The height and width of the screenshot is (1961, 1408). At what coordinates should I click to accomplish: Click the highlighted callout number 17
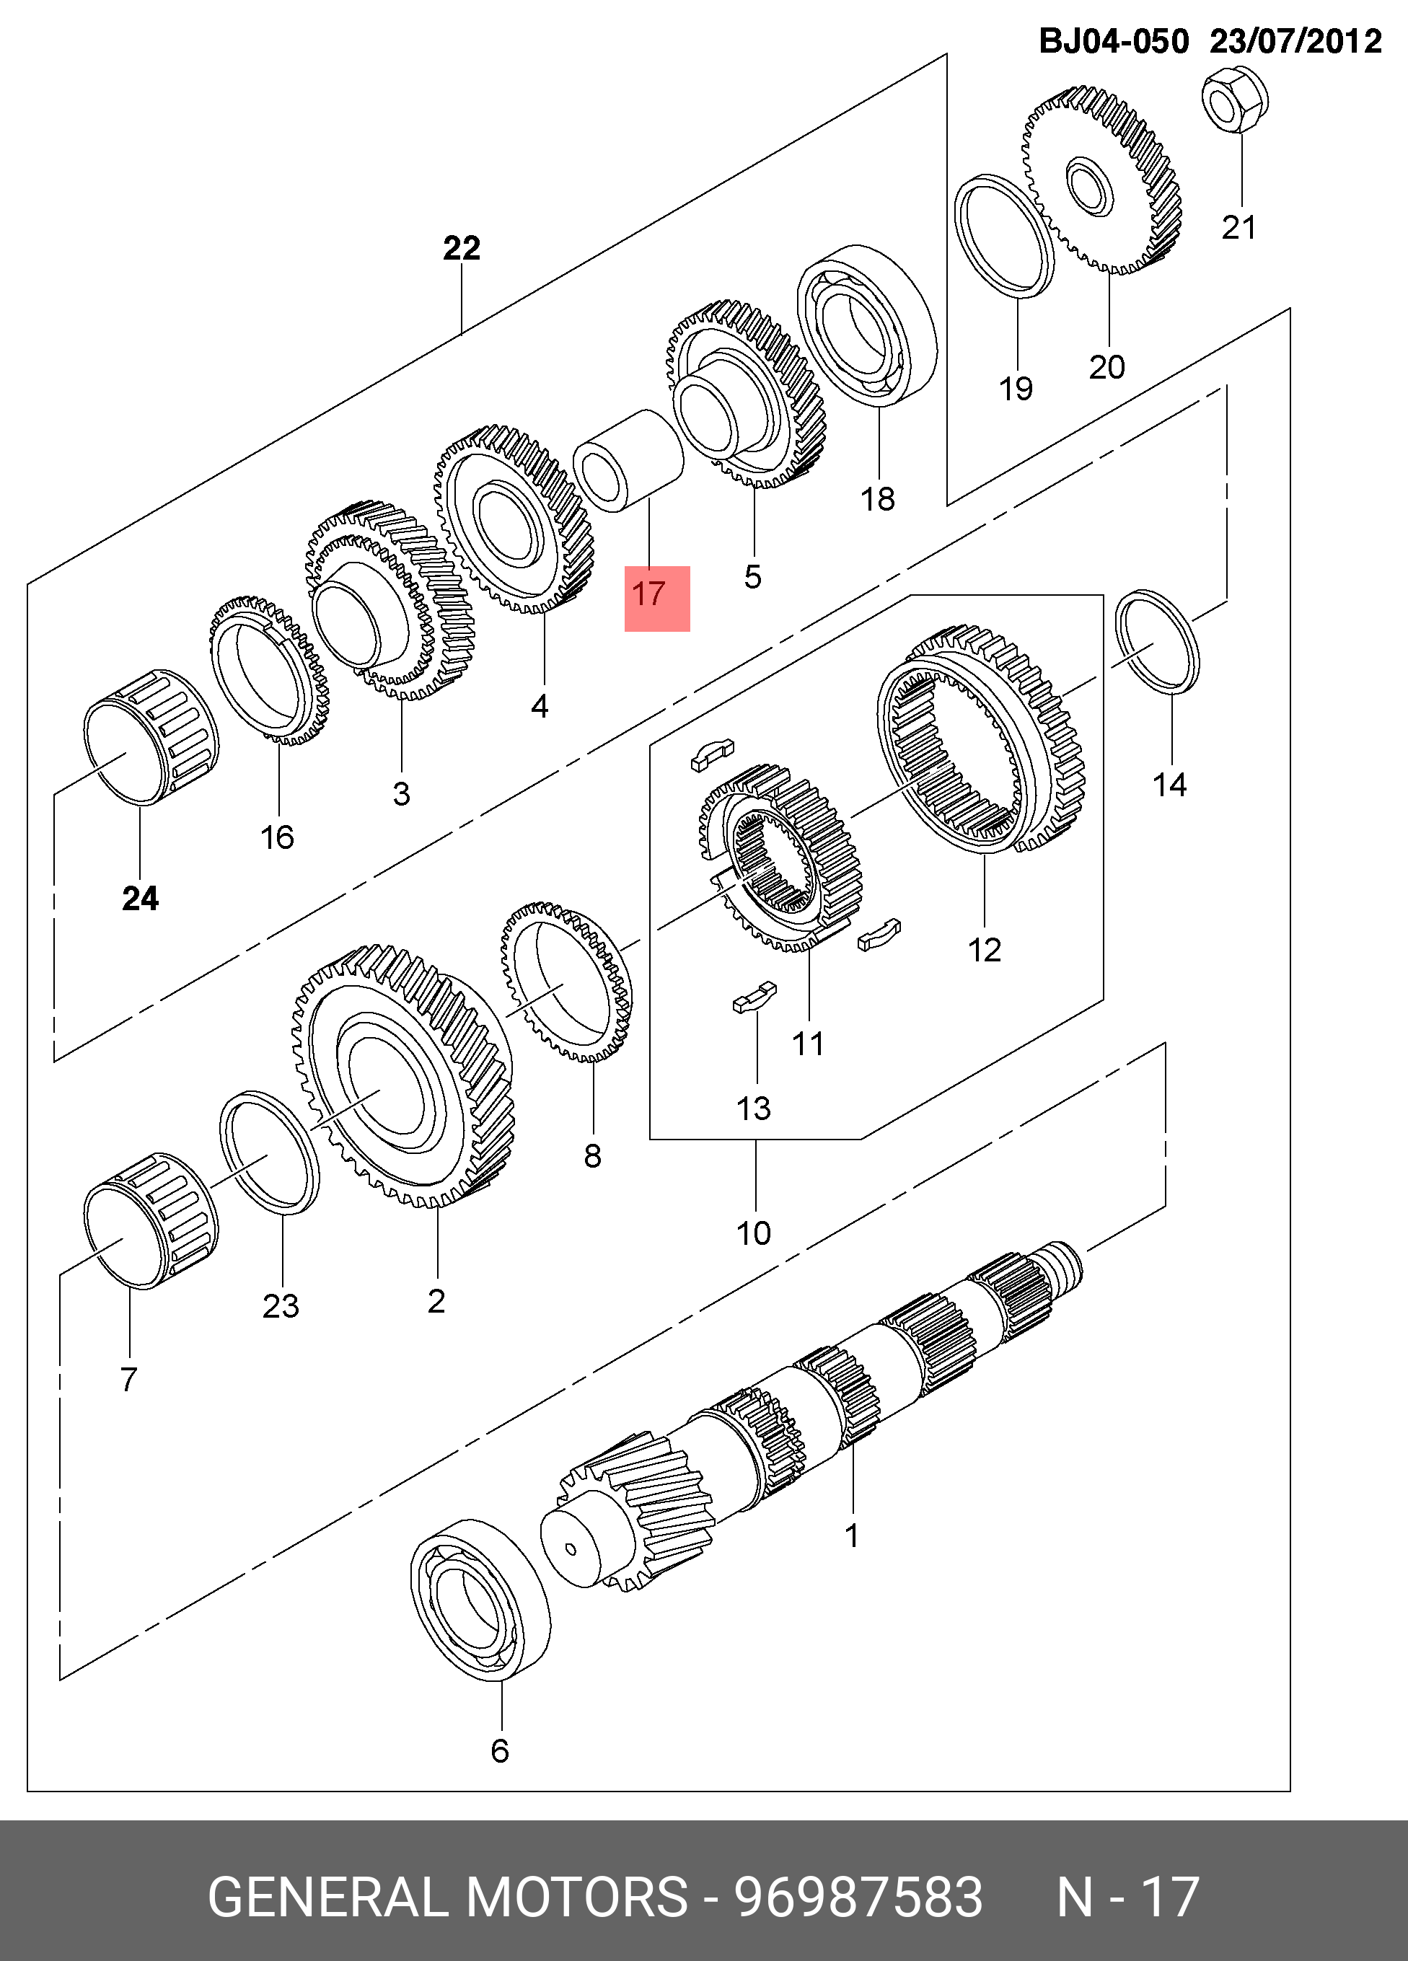pos(648,595)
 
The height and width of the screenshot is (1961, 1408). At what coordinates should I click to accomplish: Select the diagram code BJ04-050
pos(1113,42)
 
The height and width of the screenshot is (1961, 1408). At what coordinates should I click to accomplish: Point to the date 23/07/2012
pos(1295,42)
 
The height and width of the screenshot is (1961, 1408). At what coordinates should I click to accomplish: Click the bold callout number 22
pos(461,249)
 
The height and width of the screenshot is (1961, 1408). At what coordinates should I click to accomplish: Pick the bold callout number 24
pos(140,899)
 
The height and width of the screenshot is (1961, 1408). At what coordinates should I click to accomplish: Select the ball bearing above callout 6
pos(480,1600)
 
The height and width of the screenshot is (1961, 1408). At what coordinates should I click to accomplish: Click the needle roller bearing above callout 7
pos(151,1221)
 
